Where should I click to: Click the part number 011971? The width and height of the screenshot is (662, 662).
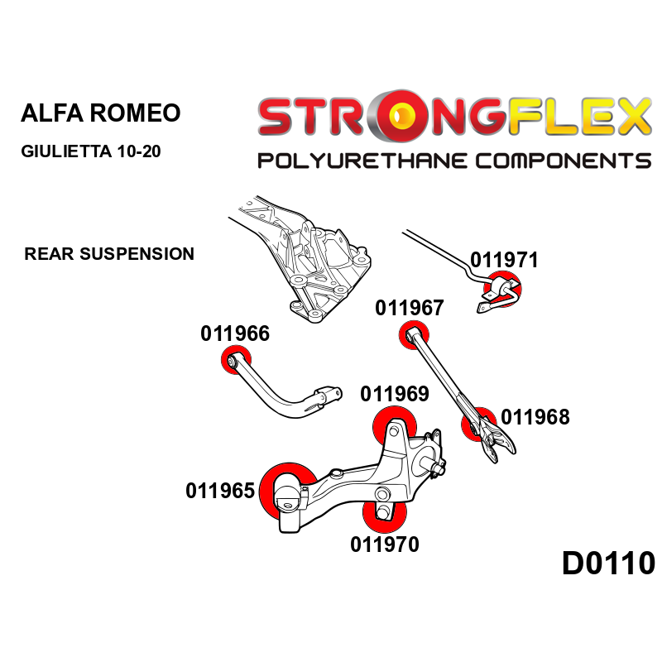(x=504, y=260)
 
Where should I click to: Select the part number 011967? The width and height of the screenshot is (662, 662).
(x=409, y=308)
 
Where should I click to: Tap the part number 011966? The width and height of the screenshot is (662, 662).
(x=235, y=333)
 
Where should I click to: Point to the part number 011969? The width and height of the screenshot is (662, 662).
(x=395, y=393)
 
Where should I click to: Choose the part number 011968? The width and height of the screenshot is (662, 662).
(x=535, y=417)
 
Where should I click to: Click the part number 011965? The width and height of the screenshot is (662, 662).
(x=219, y=491)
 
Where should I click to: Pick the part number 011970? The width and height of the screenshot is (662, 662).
(x=384, y=544)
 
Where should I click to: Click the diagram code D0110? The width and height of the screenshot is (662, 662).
(x=608, y=564)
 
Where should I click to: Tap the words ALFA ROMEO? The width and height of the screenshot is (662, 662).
(x=99, y=113)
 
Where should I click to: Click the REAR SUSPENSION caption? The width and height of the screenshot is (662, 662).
(x=109, y=254)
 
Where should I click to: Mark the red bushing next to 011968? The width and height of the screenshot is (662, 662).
(x=477, y=425)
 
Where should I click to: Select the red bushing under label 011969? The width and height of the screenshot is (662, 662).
(x=392, y=427)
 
